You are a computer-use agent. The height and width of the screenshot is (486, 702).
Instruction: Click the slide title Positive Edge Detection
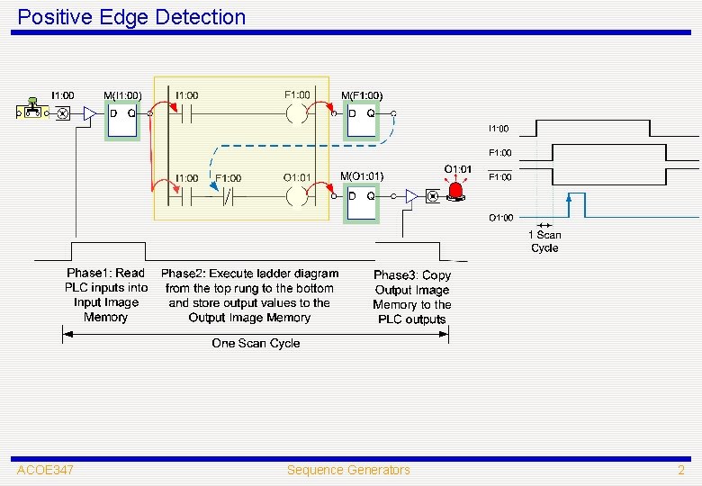[x=131, y=17]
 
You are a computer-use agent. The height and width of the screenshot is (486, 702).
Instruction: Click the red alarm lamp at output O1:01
[x=457, y=190]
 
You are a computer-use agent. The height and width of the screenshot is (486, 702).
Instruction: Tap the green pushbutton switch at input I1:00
[x=33, y=107]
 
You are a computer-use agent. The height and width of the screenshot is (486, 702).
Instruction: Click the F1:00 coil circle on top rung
[x=297, y=114]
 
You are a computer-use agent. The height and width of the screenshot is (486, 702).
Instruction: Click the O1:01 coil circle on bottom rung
[x=297, y=195]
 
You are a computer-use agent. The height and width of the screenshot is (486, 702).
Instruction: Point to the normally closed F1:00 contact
[x=229, y=195]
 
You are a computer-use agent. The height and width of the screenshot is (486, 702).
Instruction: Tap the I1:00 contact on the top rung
[x=187, y=114]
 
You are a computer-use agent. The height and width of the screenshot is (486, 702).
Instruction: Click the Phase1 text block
[x=105, y=295]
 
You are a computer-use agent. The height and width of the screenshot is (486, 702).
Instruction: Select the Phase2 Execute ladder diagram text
[x=249, y=295]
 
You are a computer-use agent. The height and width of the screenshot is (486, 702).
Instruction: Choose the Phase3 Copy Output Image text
[x=412, y=297]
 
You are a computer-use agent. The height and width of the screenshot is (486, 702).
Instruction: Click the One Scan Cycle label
[x=256, y=343]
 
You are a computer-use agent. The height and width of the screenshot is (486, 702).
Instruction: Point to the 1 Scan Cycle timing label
[x=544, y=241]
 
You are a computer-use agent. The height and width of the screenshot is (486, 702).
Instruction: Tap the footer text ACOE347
[x=45, y=470]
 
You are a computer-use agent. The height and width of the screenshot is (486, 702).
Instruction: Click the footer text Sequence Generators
[x=348, y=470]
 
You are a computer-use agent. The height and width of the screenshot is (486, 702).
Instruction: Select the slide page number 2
[x=681, y=470]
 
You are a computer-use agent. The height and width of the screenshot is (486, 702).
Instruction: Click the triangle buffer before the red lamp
[x=411, y=195]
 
